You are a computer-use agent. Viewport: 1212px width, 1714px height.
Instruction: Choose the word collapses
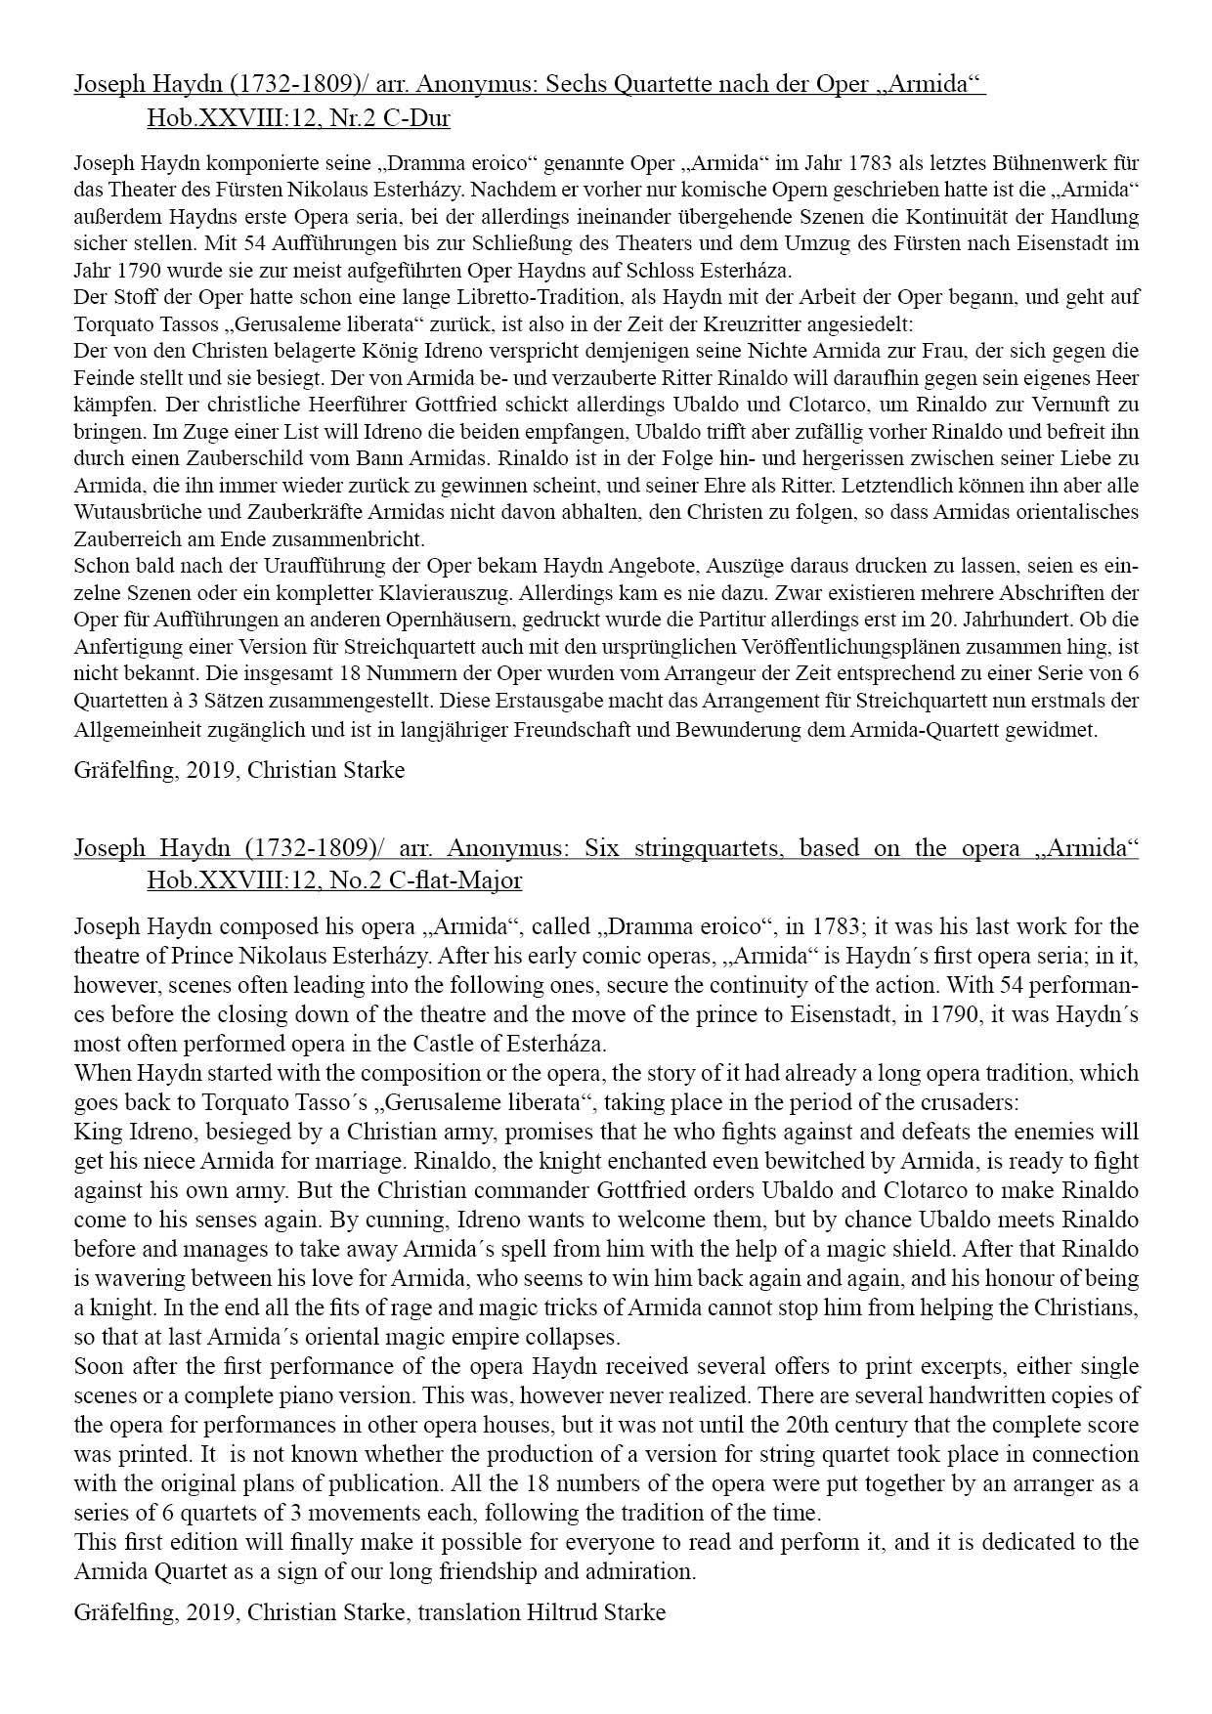click(574, 1337)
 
